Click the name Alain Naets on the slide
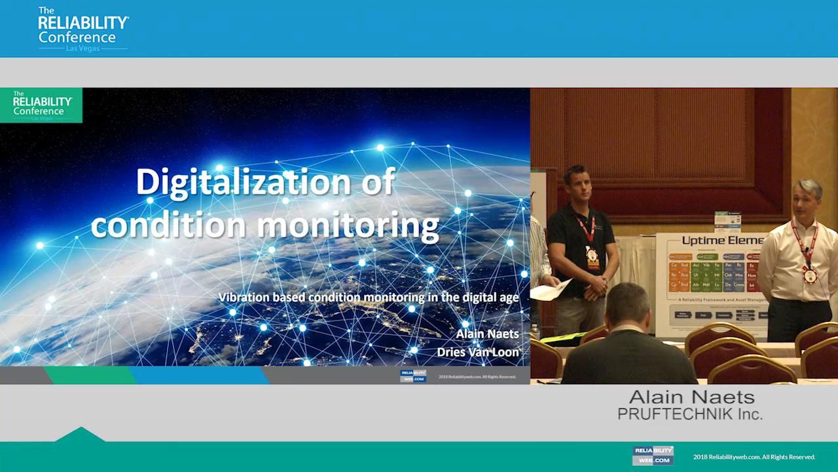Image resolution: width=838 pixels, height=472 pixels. (x=487, y=334)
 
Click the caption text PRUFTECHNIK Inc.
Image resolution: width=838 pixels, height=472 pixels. (x=689, y=414)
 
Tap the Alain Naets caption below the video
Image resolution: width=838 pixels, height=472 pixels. (x=691, y=397)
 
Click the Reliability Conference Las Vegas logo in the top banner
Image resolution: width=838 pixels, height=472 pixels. (x=82, y=29)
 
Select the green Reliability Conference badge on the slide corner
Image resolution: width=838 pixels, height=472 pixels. (x=41, y=106)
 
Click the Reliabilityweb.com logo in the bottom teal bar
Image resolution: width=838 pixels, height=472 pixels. (x=652, y=456)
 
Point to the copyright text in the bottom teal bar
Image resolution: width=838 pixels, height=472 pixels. (x=754, y=457)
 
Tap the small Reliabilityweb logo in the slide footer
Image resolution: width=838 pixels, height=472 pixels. (x=413, y=376)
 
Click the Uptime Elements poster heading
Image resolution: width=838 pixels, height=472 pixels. (x=722, y=241)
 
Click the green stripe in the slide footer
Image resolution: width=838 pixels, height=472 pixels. (x=88, y=376)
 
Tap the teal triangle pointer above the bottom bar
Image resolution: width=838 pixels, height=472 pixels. (x=80, y=435)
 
